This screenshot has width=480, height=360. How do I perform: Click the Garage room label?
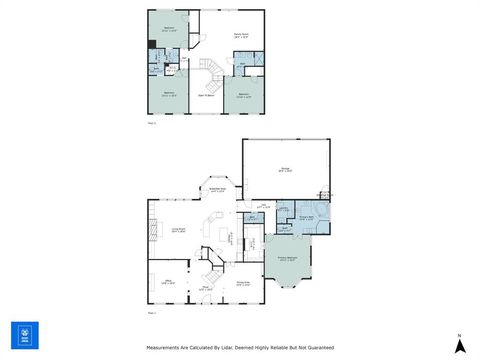[x=286, y=169]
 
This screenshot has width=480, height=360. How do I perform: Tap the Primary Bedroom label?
[x=286, y=258]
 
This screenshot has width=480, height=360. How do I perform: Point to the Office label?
[x=169, y=283]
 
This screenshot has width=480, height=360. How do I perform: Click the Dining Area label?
[x=243, y=283]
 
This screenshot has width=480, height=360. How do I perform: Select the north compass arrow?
[x=459, y=344]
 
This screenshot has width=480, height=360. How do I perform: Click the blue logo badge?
[x=24, y=335]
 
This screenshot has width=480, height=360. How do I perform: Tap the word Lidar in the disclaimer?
[x=232, y=348]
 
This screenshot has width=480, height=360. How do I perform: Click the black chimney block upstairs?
[x=151, y=70]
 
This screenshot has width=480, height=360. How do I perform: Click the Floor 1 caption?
[x=152, y=314]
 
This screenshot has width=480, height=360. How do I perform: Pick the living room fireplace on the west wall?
[x=153, y=231]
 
